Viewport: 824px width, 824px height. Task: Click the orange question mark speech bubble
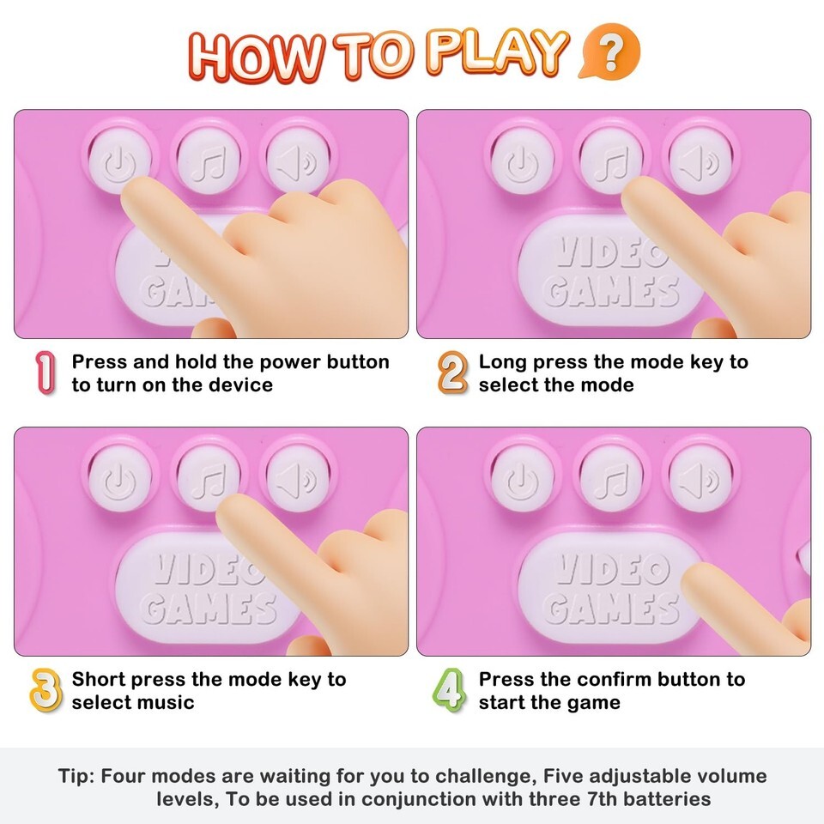610,51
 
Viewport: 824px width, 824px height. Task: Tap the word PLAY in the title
497,53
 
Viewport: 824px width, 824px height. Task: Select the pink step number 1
45,373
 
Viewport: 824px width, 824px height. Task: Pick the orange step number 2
452,373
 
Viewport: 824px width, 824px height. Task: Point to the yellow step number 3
45,690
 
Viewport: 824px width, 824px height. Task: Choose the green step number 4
449,690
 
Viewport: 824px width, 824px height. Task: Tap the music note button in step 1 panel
209,160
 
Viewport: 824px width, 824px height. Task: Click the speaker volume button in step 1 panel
298,160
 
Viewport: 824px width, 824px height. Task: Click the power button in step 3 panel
120,479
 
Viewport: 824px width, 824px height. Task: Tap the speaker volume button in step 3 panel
298,479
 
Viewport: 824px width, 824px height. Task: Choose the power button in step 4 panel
522,479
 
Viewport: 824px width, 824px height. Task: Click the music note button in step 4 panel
611,479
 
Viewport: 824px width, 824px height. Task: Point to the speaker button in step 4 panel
700,479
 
